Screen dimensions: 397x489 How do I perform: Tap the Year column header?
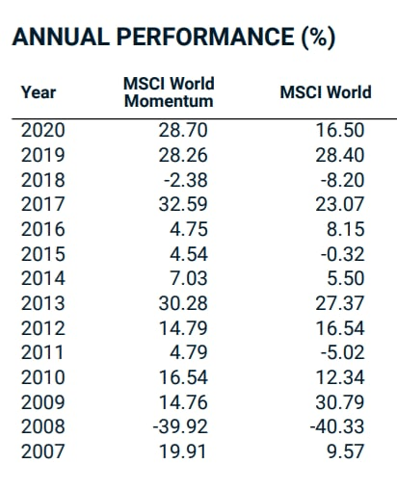(x=39, y=92)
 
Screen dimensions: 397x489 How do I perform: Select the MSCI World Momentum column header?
(x=169, y=92)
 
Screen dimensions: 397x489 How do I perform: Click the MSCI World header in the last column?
(x=326, y=92)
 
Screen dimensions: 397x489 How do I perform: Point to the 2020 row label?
(x=43, y=130)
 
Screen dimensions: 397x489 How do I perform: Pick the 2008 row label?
(x=43, y=426)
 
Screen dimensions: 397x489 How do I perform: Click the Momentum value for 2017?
(x=183, y=204)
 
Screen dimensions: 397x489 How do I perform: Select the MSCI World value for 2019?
(x=340, y=155)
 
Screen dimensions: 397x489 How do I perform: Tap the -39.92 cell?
(x=180, y=426)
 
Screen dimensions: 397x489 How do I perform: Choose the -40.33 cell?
(x=337, y=426)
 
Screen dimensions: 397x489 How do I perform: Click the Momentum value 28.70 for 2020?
(x=183, y=130)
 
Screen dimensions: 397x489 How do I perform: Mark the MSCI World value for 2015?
(x=343, y=254)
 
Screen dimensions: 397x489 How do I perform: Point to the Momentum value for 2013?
(x=183, y=303)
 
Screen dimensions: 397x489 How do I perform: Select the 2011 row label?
(x=43, y=352)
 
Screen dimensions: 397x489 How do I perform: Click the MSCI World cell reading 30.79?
(x=340, y=402)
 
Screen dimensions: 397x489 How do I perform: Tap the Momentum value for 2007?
(x=182, y=451)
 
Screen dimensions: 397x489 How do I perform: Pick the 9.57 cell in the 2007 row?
(x=346, y=451)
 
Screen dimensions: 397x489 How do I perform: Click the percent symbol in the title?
(x=318, y=37)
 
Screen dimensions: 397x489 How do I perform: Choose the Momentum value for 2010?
(x=183, y=377)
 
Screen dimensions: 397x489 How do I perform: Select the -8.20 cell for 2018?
(x=343, y=180)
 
